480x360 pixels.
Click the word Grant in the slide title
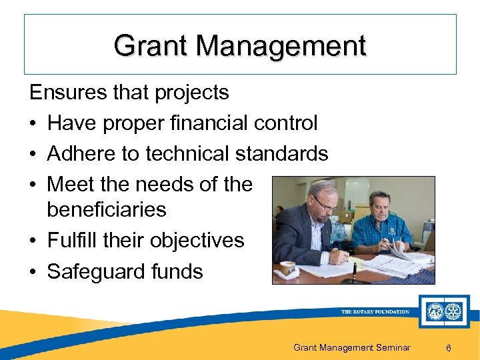click(151, 47)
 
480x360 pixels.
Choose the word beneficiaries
click(106, 209)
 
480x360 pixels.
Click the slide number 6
click(449, 348)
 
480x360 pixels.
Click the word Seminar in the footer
click(393, 348)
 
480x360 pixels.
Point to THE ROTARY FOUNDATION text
click(375, 311)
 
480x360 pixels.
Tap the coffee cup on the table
click(287, 268)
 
